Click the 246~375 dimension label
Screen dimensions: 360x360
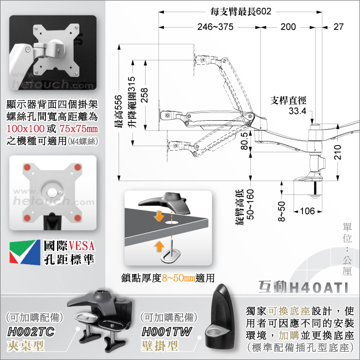[215, 27]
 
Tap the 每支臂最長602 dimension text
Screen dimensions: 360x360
[241, 12]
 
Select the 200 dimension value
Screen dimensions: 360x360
[288, 27]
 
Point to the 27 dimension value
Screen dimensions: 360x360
[338, 27]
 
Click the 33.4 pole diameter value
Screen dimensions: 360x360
[297, 111]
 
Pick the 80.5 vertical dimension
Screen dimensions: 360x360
[244, 141]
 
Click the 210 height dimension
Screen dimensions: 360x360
[337, 152]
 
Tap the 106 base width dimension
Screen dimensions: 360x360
[307, 211]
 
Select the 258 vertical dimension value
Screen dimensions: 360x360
[145, 95]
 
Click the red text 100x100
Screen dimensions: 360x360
[25, 128]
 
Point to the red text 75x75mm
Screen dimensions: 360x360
[79, 128]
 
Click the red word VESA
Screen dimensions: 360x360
[81, 246]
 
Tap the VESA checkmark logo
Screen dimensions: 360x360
[25, 252]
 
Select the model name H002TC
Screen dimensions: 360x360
[31, 332]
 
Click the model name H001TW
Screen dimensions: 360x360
[166, 332]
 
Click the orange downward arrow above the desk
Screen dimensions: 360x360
[159, 216]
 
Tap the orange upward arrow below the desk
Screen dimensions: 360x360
[160, 246]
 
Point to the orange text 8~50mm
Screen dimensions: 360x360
[178, 278]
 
